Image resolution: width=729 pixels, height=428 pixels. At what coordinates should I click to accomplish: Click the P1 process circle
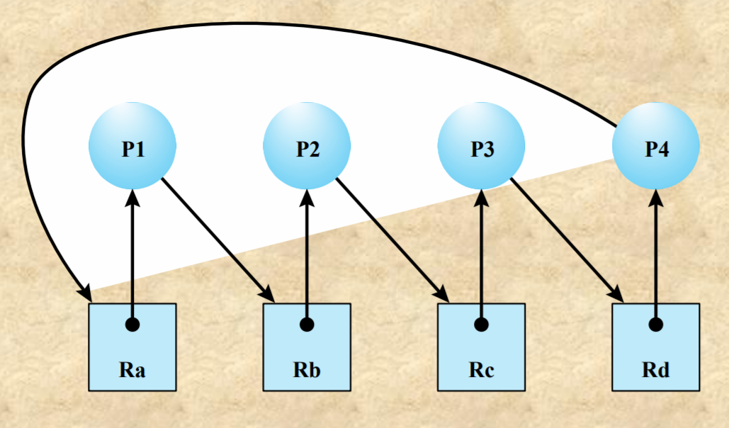(132, 147)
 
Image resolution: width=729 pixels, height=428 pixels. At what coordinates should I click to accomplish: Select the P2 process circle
(307, 147)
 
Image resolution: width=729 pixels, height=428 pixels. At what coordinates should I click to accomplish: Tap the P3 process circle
(482, 147)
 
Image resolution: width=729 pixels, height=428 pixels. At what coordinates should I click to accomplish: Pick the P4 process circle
(656, 147)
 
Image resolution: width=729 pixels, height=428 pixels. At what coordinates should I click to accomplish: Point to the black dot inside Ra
(132, 325)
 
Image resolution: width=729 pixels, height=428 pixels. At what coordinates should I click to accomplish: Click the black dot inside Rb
(307, 325)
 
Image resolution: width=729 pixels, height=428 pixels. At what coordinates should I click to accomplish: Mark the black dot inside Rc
(482, 325)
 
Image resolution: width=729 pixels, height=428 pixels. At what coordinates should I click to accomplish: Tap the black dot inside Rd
(656, 325)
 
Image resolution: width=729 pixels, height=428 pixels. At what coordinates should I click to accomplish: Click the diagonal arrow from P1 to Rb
(216, 237)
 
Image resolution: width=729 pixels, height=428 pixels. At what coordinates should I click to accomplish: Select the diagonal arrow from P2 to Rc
(390, 237)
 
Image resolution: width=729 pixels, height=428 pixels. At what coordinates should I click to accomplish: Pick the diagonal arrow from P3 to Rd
(565, 237)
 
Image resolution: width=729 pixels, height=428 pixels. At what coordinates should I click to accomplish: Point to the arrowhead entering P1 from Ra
(132, 198)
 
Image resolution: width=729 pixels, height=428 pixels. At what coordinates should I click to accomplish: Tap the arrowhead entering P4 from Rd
(656, 198)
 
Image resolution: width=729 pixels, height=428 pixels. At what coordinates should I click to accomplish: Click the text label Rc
(482, 370)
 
